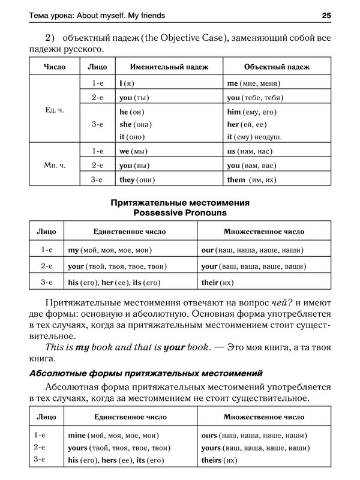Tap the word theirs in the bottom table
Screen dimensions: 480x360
[x=212, y=461]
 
